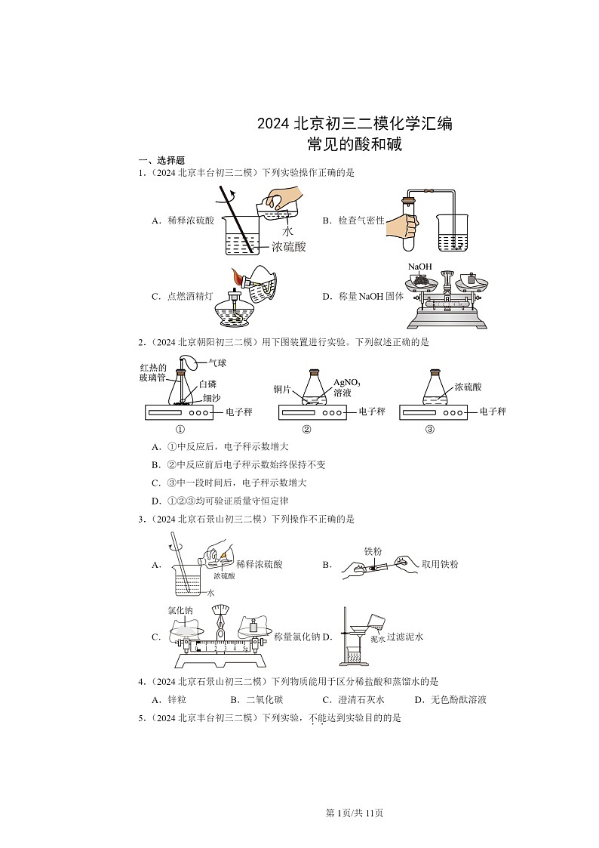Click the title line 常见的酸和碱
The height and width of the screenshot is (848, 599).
(x=355, y=144)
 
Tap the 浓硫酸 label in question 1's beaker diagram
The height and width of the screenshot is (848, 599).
(x=289, y=246)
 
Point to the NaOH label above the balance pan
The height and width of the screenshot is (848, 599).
(x=419, y=267)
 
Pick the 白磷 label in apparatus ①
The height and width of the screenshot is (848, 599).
(x=208, y=384)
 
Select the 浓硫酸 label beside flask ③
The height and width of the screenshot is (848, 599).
(x=468, y=387)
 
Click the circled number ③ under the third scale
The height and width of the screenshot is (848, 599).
(x=429, y=430)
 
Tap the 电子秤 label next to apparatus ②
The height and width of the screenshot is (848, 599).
(x=371, y=412)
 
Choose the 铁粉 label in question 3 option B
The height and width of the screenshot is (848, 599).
(x=373, y=551)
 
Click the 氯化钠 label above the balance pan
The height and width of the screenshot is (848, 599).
(x=180, y=610)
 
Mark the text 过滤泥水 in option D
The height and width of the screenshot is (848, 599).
(x=405, y=637)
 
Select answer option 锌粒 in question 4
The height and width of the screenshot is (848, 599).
(x=175, y=699)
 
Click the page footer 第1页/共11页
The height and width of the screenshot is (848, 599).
(x=354, y=813)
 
